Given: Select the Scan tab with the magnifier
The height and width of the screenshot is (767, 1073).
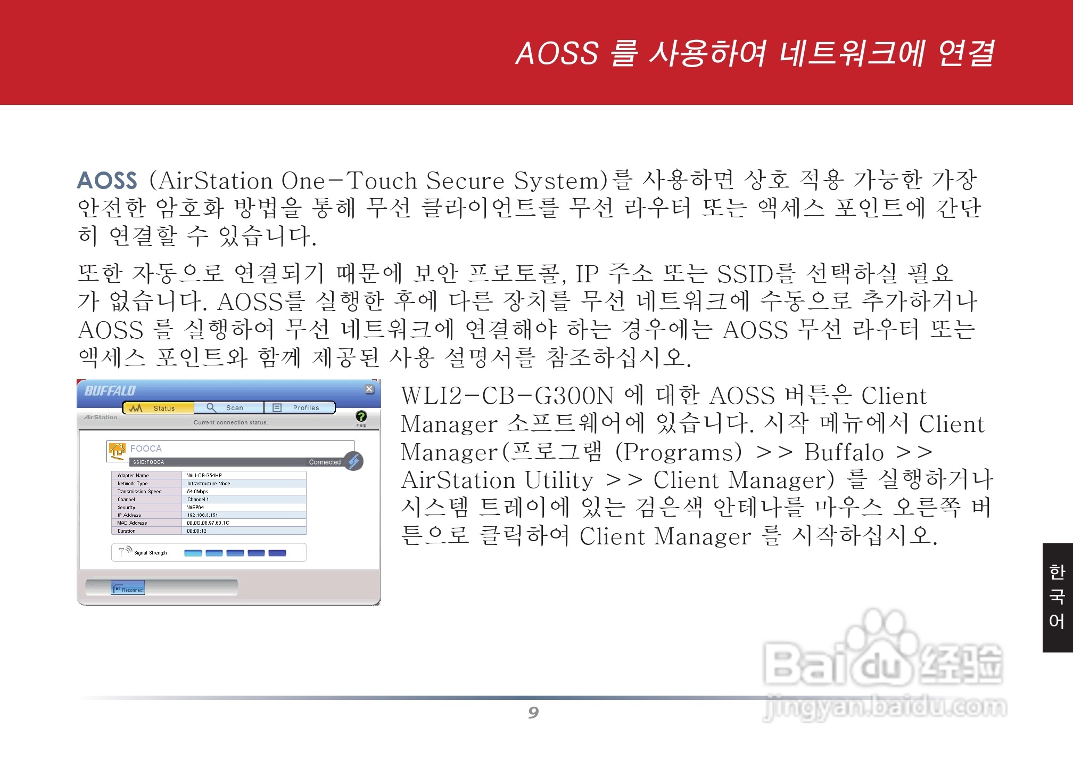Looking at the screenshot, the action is pos(229,408).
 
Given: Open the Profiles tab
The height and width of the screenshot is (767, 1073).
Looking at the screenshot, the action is pos(300,408).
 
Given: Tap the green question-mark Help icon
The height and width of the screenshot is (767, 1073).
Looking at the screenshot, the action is pos(361,417).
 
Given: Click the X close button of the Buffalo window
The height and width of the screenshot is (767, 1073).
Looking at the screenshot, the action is pos(369,389).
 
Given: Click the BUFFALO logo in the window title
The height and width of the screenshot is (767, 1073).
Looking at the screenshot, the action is pos(110,391).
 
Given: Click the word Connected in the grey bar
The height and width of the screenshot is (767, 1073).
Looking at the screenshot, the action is pos(325,462).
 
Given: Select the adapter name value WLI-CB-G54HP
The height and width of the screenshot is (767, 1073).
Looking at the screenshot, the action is pos(204,476).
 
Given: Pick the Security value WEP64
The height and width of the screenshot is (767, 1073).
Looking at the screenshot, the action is pos(195,508).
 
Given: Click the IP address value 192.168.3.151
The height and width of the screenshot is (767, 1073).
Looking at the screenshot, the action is pos(202,515).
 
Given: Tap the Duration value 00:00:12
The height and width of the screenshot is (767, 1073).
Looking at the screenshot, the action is pos(196,531).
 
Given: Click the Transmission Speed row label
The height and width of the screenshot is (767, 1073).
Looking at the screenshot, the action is pos(139,492).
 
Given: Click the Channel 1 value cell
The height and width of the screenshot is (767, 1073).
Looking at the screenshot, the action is pos(198,500).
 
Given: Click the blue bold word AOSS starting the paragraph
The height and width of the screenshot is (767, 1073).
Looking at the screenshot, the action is pos(108,181).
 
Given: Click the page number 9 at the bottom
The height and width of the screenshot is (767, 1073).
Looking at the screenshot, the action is pos(533,713).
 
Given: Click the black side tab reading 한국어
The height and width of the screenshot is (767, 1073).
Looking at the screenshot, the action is pos(1057,598).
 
